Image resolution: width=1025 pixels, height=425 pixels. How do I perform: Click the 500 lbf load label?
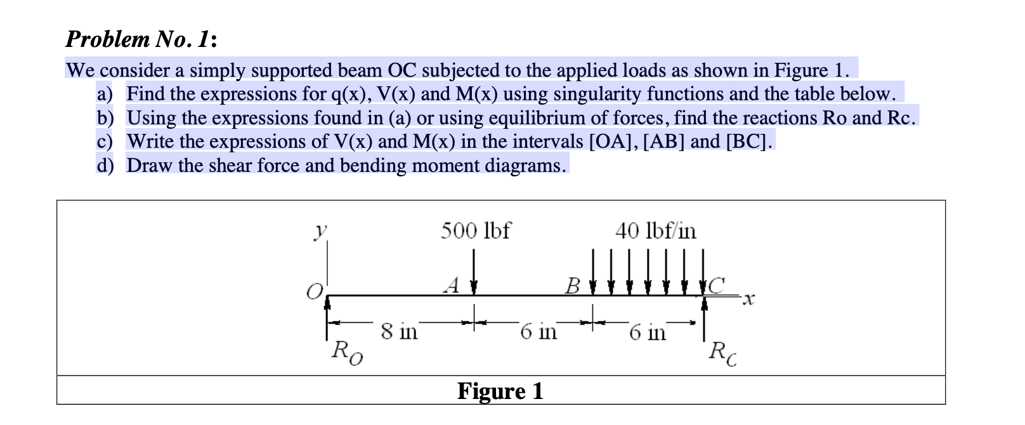(475, 230)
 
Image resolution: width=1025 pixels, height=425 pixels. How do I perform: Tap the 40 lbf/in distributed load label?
(655, 230)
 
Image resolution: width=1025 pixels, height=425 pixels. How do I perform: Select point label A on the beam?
(452, 285)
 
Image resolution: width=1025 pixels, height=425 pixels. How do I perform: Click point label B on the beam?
(572, 285)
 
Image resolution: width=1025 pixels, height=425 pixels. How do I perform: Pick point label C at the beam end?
(716, 285)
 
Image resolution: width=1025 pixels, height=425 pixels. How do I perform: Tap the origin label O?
(314, 292)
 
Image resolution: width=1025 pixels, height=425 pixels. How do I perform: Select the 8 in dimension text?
(399, 331)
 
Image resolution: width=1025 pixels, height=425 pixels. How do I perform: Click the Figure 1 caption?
(500, 391)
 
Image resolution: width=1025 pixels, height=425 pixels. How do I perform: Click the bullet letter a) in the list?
(105, 94)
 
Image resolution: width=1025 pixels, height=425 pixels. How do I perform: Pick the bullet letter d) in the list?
(105, 166)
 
